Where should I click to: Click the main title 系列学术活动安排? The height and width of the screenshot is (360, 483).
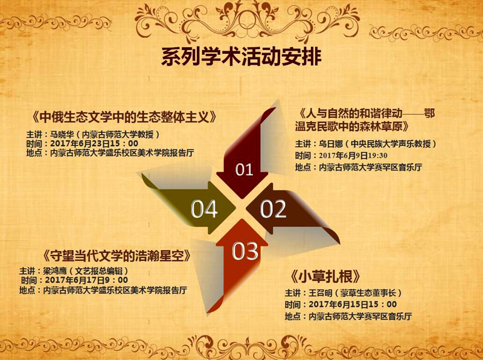tap(241, 57)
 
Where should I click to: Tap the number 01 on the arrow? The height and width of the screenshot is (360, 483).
tap(244, 170)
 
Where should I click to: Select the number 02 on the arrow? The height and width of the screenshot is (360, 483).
tap(273, 208)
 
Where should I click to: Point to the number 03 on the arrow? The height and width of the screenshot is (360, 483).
tap(245, 251)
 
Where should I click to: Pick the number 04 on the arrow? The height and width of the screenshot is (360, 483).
tap(204, 209)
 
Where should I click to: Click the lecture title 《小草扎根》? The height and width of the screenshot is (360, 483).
tap(325, 277)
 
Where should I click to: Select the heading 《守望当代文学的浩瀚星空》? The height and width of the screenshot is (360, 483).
tap(117, 256)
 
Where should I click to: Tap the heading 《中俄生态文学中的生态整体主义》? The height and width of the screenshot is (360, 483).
tap(124, 117)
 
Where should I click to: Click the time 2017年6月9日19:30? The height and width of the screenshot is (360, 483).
tap(353, 155)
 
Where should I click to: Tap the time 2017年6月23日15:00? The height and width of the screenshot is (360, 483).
tap(94, 144)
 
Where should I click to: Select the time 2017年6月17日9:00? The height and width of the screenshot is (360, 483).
tap(86, 280)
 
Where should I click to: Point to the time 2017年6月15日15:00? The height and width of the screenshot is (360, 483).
tap(353, 304)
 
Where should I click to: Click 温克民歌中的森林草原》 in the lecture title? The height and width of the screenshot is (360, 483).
tap(352, 127)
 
